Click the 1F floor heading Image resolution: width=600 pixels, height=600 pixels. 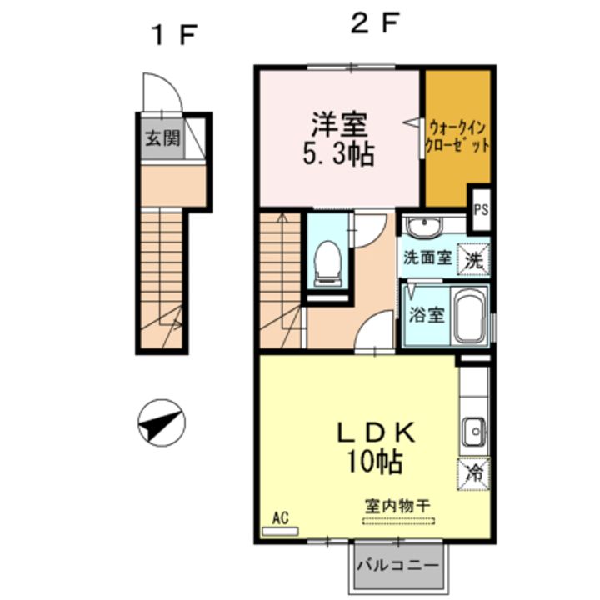point(172,36)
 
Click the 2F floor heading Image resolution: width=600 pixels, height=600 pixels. point(372,24)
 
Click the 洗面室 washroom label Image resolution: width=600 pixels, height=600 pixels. point(428,257)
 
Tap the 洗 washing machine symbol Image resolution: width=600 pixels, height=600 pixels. point(474,258)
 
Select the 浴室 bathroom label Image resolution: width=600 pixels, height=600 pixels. point(427,316)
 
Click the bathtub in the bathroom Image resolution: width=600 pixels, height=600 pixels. point(472,317)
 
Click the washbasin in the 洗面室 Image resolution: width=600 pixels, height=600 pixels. point(426,226)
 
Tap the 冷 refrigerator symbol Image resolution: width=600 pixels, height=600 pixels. point(473,473)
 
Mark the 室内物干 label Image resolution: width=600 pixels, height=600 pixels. point(397,506)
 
